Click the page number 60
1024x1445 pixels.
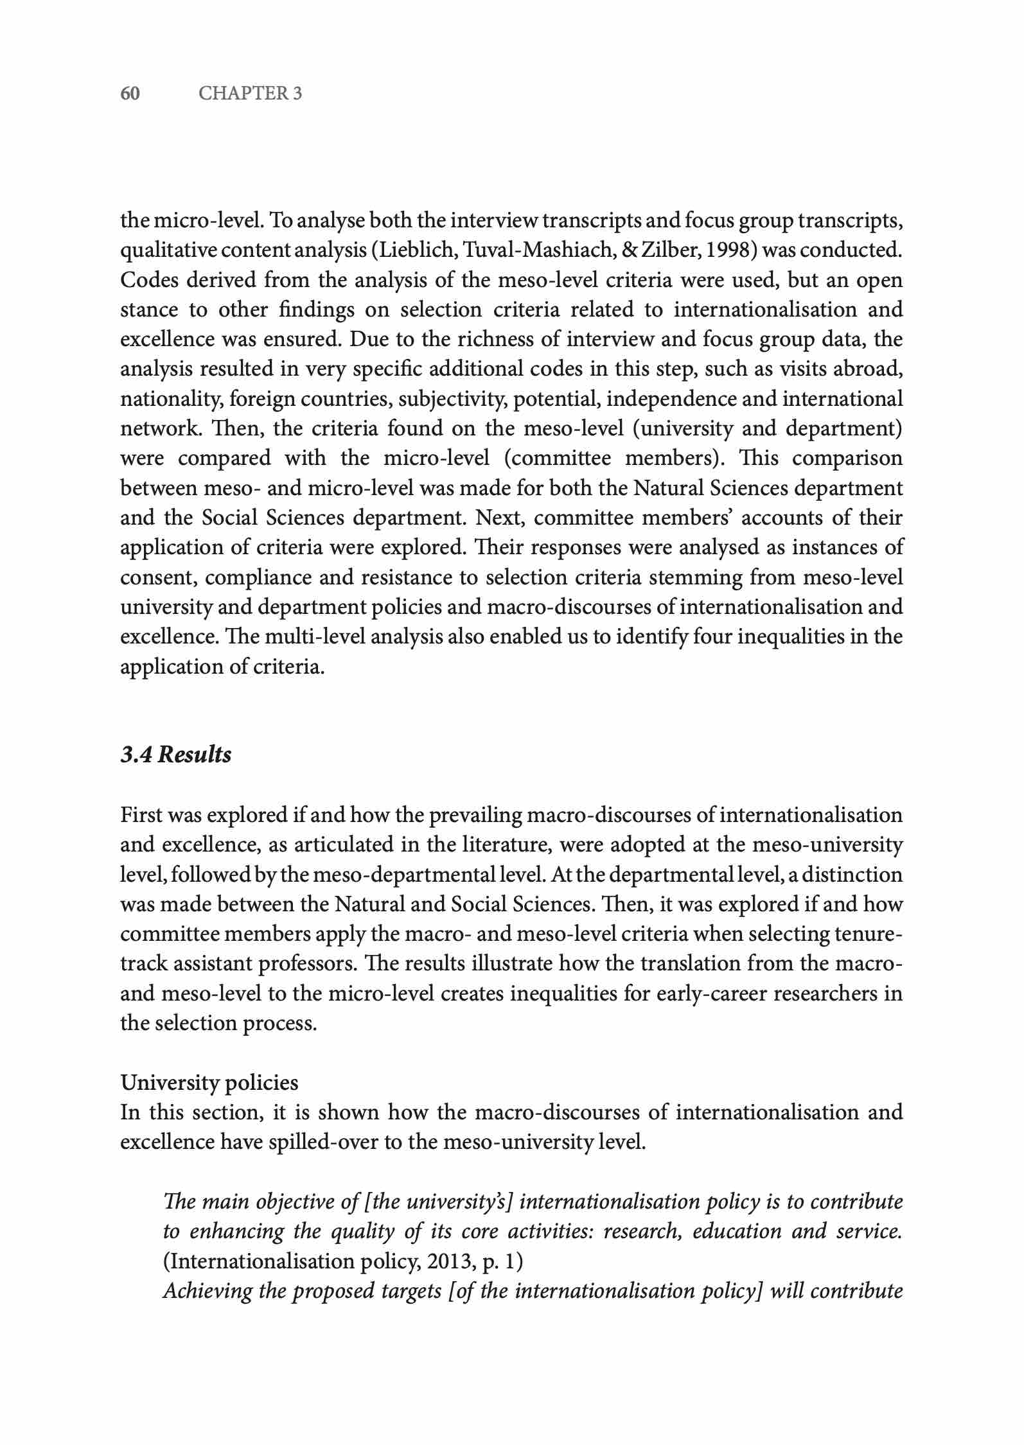click(130, 94)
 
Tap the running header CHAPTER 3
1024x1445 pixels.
click(250, 94)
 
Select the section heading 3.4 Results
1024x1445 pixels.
click(175, 755)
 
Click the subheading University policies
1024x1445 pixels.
click(209, 1083)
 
